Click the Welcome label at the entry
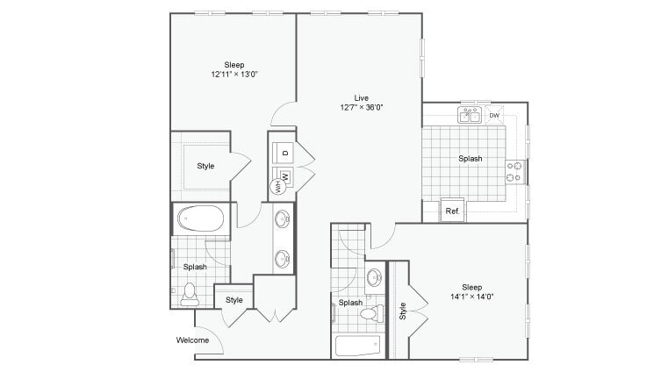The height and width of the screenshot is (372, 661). click(192, 340)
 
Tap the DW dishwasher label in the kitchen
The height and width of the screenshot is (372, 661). click(494, 116)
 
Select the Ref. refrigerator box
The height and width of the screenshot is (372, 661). click(453, 211)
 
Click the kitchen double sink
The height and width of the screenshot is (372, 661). click(469, 116)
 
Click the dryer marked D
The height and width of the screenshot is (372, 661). click(284, 152)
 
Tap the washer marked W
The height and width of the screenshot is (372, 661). click(284, 176)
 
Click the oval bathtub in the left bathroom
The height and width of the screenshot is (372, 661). click(201, 218)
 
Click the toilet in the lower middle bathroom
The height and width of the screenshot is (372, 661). click(370, 312)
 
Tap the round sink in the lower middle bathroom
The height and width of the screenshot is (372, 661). click(375, 278)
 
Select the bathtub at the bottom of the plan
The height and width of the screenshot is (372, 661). click(357, 345)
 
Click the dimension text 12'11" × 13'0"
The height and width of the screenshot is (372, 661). click(234, 75)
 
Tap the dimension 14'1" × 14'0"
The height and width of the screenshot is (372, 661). click(473, 297)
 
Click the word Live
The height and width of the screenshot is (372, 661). click(361, 97)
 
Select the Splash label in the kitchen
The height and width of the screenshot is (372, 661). click(471, 159)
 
